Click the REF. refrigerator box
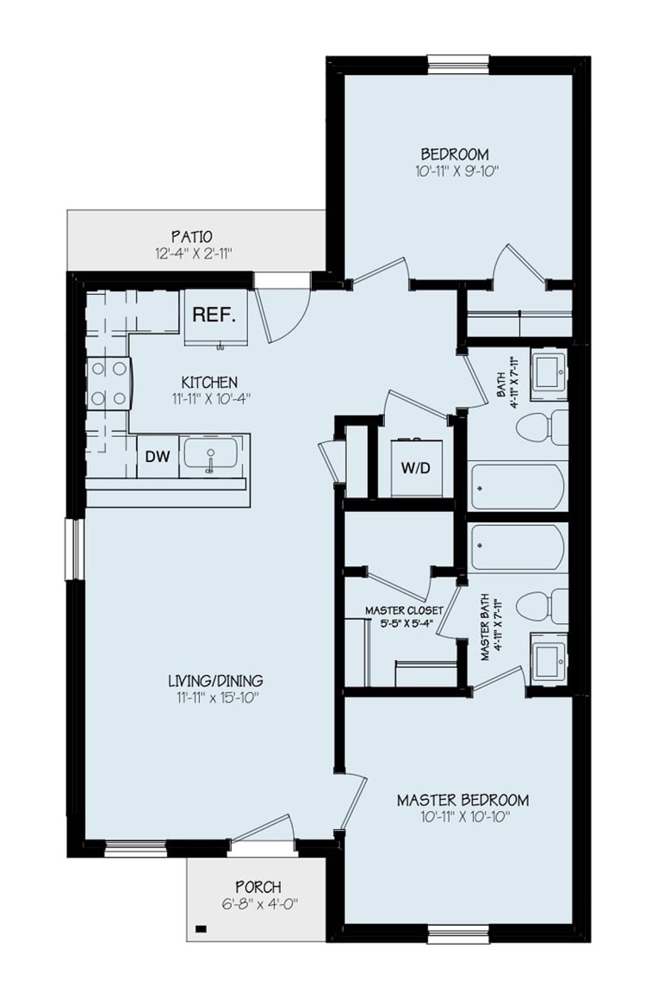click(x=215, y=315)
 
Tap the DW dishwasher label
click(x=157, y=457)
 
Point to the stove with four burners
click(x=108, y=384)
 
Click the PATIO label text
click(x=191, y=235)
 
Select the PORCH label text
click(x=258, y=887)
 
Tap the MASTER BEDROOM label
click(x=463, y=799)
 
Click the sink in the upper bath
click(x=547, y=372)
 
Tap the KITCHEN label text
click(x=208, y=382)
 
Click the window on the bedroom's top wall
click(x=458, y=64)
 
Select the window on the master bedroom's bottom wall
click(x=452, y=934)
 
